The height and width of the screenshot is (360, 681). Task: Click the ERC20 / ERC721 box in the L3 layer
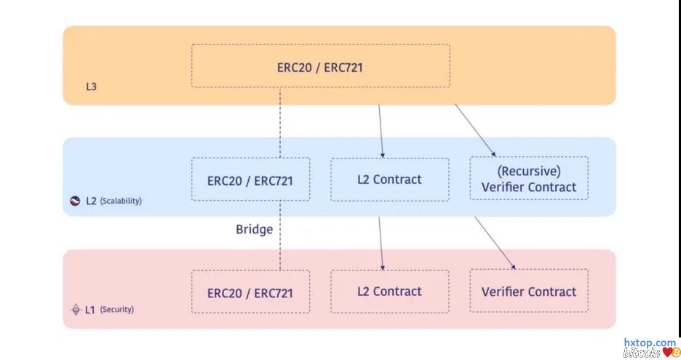click(x=320, y=67)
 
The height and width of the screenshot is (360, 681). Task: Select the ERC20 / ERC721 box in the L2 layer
click(x=250, y=180)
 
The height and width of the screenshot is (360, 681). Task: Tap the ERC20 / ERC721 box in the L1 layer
click(x=250, y=292)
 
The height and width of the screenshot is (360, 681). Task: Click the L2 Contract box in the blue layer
click(x=389, y=179)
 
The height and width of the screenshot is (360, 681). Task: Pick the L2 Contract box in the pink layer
click(x=389, y=292)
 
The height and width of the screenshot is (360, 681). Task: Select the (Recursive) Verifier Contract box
click(x=528, y=179)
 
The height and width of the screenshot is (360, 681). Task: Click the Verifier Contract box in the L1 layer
click(x=528, y=292)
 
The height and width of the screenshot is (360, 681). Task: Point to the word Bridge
click(x=254, y=229)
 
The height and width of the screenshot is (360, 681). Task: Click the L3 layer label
click(x=91, y=87)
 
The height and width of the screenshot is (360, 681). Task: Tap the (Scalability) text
click(x=121, y=200)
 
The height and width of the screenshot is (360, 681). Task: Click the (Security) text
click(x=116, y=309)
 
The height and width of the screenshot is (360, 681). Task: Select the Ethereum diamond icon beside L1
click(x=74, y=309)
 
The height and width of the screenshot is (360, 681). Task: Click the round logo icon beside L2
click(x=75, y=200)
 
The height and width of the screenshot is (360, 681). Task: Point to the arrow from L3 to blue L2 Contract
click(x=380, y=131)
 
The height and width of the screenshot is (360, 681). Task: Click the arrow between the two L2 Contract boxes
click(x=380, y=244)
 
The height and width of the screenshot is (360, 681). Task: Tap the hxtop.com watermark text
click(x=650, y=343)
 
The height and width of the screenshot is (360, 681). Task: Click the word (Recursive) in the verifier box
click(x=528, y=172)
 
